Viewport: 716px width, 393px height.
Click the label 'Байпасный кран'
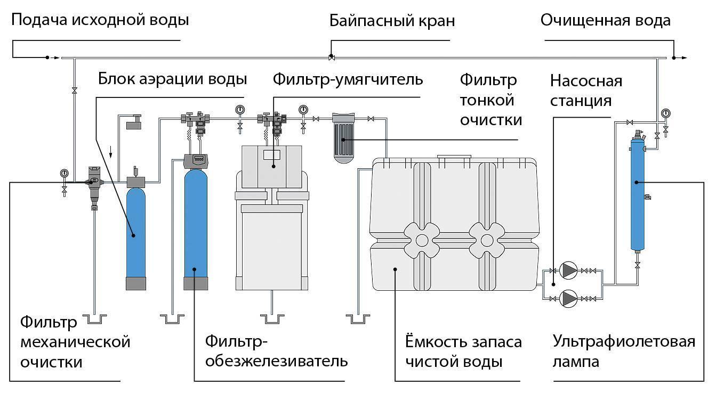(392, 21)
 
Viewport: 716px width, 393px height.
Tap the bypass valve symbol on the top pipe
(331, 57)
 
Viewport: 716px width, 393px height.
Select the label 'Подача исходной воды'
(100, 21)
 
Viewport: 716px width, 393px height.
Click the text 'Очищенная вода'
(605, 21)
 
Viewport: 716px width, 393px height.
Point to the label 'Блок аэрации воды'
(172, 79)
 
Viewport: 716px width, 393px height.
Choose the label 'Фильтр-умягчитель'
(348, 79)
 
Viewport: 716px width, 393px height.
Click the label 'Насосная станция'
(586, 91)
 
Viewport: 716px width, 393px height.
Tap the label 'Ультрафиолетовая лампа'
(624, 351)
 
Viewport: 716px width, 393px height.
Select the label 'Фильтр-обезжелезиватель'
(277, 351)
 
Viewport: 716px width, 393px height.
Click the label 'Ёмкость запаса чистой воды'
(463, 351)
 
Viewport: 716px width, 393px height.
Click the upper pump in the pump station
(569, 271)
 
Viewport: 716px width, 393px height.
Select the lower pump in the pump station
(569, 297)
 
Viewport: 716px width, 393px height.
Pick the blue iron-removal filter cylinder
(196, 224)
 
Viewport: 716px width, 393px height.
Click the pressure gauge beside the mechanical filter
(65, 173)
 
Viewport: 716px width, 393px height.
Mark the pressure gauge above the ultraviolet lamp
(666, 113)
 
